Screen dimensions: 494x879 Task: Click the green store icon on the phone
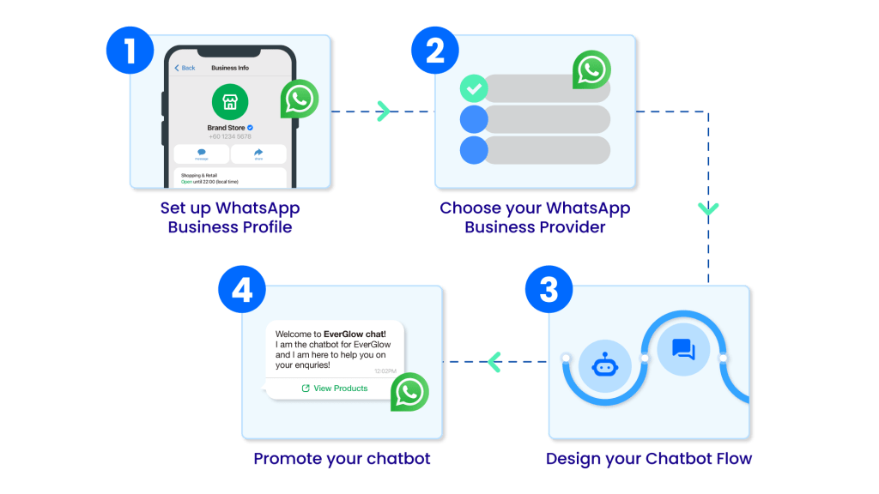point(230,102)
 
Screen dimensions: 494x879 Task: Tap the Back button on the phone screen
point(185,68)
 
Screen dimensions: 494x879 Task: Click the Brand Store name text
point(226,128)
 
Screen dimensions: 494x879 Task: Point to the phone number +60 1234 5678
point(230,137)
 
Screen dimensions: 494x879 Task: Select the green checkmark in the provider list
point(474,88)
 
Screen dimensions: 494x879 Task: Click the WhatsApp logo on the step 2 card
point(592,69)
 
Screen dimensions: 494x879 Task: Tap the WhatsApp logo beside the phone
point(299,99)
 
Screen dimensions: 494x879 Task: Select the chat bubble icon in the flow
point(683,348)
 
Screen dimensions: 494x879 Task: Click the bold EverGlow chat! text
point(355,334)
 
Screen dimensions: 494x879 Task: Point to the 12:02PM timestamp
point(385,370)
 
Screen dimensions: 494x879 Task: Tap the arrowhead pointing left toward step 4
point(494,362)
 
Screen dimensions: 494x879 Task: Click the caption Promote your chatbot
point(342,459)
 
